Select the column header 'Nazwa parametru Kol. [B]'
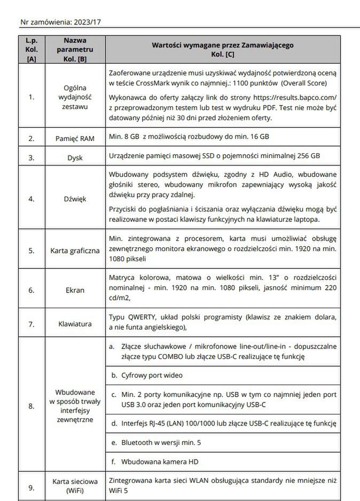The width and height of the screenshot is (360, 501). pos(75,50)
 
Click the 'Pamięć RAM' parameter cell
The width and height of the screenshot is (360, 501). pos(75,138)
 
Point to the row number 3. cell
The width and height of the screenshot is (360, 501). pos(32,158)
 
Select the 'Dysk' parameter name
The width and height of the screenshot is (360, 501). pos(75,158)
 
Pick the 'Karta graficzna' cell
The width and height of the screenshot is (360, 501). pos(75,250)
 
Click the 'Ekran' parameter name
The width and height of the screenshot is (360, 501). pos(75,290)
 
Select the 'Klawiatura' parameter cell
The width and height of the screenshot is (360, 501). pos(75,324)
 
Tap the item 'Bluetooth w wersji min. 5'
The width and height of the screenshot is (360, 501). pos(161,442)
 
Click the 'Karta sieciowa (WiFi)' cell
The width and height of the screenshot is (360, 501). pos(75,486)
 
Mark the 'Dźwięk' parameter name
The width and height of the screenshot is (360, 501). pos(75,199)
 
